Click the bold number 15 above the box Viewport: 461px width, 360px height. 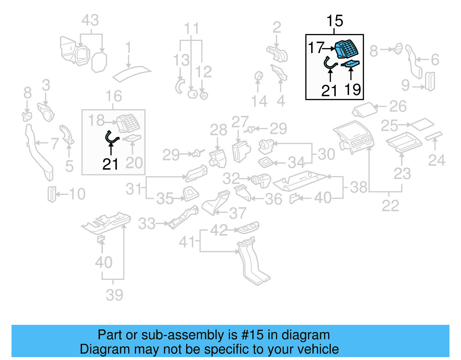click(x=335, y=21)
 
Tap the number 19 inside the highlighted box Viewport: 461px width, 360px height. click(x=353, y=90)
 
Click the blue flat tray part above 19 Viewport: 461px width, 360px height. click(x=351, y=63)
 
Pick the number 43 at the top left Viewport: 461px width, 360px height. click(x=90, y=20)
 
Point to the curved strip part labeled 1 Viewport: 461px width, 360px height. click(x=132, y=73)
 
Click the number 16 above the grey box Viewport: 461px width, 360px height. click(x=114, y=96)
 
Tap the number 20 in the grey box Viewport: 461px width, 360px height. click(x=134, y=163)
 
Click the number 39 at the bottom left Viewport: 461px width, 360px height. click(x=114, y=295)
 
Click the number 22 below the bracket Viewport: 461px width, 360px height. click(x=390, y=206)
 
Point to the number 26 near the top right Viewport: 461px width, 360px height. click(x=398, y=107)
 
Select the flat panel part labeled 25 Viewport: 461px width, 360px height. click(x=422, y=124)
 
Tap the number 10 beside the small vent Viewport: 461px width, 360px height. click(x=77, y=194)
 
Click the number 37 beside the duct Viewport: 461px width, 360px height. click(x=238, y=213)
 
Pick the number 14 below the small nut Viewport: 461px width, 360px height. click(x=259, y=101)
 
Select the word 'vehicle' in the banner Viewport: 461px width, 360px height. click(x=318, y=349)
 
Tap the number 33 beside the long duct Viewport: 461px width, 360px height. click(x=147, y=224)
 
